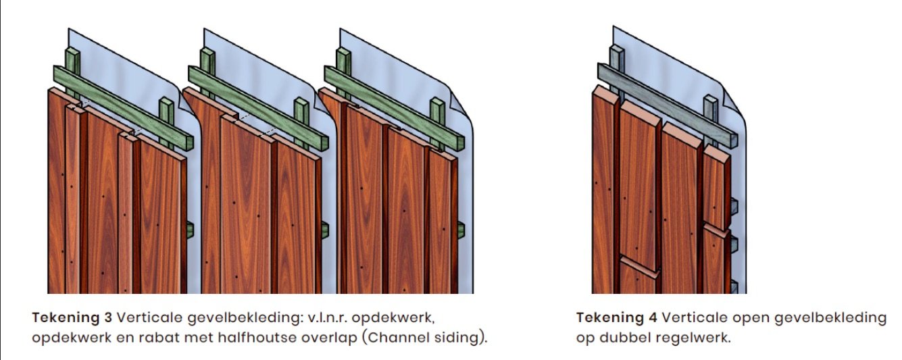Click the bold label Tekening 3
72,317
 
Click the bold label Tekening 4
616,317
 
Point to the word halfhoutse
257,338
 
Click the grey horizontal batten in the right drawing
668,105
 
